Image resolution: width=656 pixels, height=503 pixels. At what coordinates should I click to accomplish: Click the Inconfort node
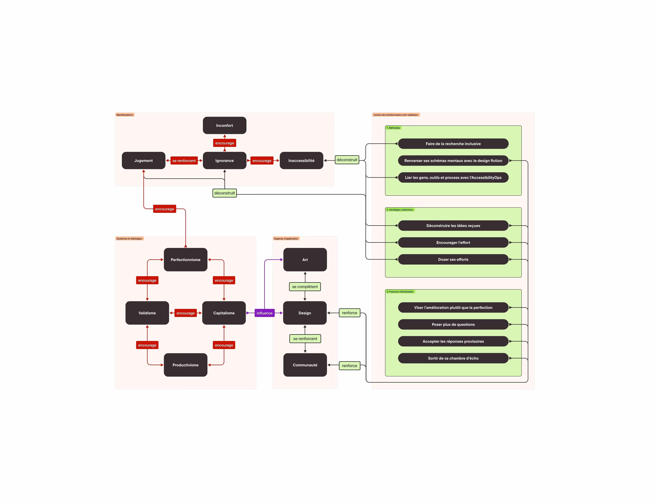[224, 125]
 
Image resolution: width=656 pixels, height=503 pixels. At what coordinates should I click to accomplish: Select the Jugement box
[143, 160]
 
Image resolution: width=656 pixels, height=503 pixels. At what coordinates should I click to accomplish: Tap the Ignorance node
[224, 160]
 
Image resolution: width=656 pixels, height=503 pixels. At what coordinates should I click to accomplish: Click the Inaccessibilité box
[301, 160]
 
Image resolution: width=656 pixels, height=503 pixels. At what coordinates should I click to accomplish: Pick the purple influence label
[265, 313]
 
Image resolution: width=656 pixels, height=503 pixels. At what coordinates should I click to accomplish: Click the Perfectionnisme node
[185, 260]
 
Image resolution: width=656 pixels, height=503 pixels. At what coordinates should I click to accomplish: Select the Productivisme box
[185, 365]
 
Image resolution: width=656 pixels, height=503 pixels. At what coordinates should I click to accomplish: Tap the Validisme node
[147, 313]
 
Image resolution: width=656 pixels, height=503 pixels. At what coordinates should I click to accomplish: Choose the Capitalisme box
[224, 313]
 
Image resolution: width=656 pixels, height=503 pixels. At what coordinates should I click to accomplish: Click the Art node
[305, 260]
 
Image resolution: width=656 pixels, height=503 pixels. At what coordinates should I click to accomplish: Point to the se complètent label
[305, 287]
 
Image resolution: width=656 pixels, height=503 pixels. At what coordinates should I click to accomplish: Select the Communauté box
[305, 365]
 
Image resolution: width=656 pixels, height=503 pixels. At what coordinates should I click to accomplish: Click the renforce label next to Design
[350, 313]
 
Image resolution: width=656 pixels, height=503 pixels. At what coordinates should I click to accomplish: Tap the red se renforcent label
[184, 160]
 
